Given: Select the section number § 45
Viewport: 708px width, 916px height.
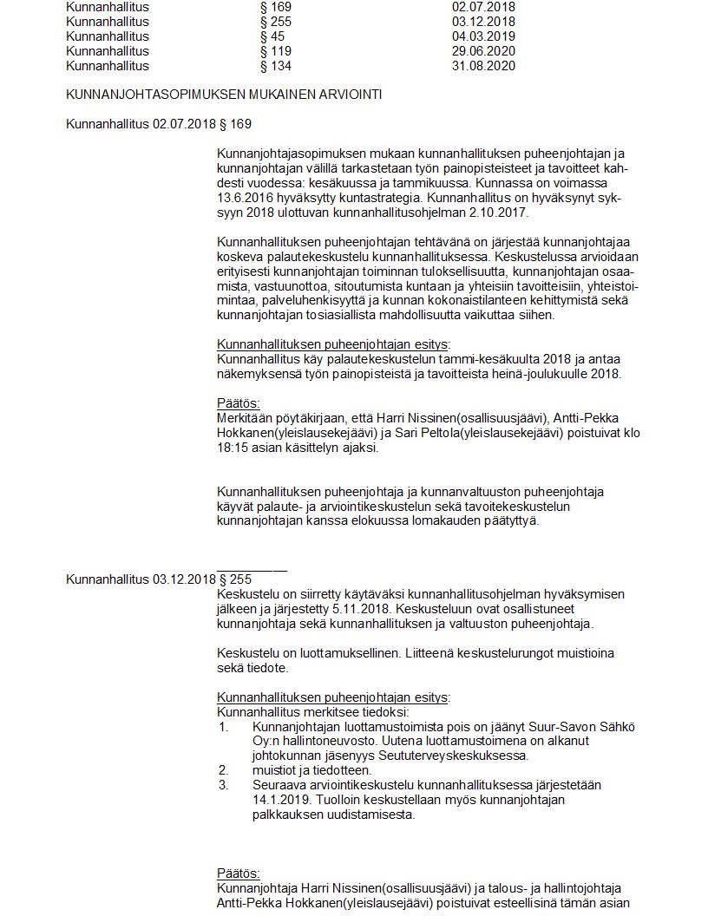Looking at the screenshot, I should [272, 36].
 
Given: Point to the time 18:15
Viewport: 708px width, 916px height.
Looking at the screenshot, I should [233, 448].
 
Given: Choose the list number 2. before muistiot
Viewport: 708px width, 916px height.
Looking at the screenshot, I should [223, 769].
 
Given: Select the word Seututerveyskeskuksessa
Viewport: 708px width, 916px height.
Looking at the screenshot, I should [458, 756].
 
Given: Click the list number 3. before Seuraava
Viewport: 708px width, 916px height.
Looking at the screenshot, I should [223, 784].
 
